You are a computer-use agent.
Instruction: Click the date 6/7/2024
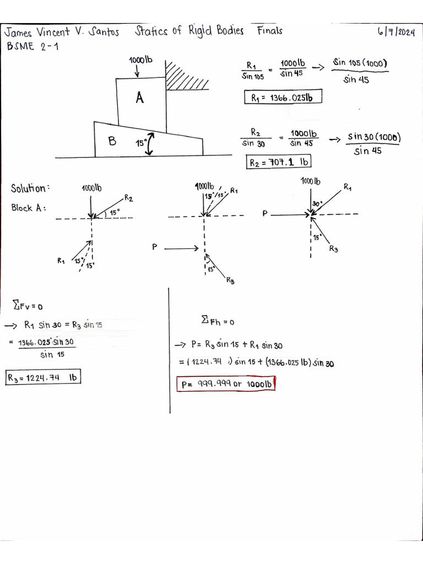click(x=396, y=32)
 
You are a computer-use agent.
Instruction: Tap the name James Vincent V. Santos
click(x=62, y=32)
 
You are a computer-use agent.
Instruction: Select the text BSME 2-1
click(x=32, y=46)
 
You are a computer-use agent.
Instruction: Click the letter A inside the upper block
click(x=140, y=97)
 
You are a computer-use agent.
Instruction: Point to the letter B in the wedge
click(x=112, y=140)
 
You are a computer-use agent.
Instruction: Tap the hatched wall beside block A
click(x=186, y=75)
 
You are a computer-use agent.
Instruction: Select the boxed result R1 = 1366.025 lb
click(x=283, y=97)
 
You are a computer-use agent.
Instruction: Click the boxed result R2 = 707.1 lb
click(x=278, y=161)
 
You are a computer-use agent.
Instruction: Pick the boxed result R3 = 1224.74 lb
click(x=43, y=377)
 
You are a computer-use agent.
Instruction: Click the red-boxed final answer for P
click(x=226, y=384)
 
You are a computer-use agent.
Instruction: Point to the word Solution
click(x=30, y=188)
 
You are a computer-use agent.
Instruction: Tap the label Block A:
click(x=29, y=208)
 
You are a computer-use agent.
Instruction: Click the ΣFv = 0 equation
click(x=28, y=306)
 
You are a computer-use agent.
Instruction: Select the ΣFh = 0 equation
click(x=218, y=320)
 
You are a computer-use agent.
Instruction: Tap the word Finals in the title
click(x=269, y=31)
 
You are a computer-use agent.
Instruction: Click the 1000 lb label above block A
click(x=140, y=59)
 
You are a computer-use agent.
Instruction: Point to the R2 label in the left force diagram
click(x=128, y=198)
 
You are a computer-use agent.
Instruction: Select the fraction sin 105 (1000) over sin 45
click(x=359, y=71)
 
